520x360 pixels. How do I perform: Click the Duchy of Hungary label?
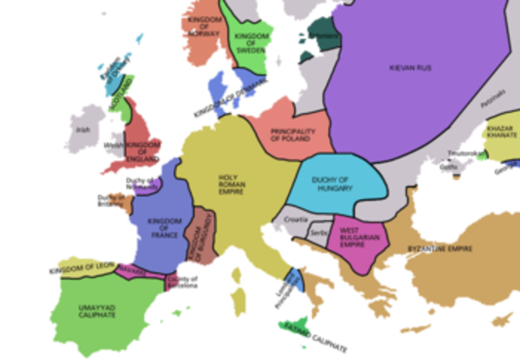(334, 184)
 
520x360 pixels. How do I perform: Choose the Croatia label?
(297, 219)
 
